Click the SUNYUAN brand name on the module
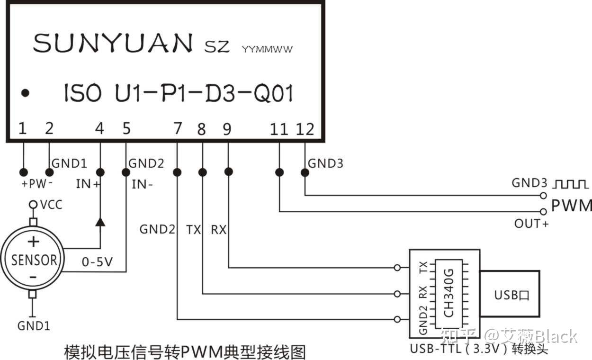tap(113, 43)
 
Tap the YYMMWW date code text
tap(267, 49)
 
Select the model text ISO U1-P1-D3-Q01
tap(179, 93)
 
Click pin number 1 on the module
tap(22, 128)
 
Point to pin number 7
tap(178, 128)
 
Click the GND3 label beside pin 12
tap(325, 163)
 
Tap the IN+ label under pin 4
tap(88, 184)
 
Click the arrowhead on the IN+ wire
tap(100, 222)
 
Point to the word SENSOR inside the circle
tap(34, 260)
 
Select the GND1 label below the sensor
tap(34, 326)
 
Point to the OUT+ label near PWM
tap(531, 223)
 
